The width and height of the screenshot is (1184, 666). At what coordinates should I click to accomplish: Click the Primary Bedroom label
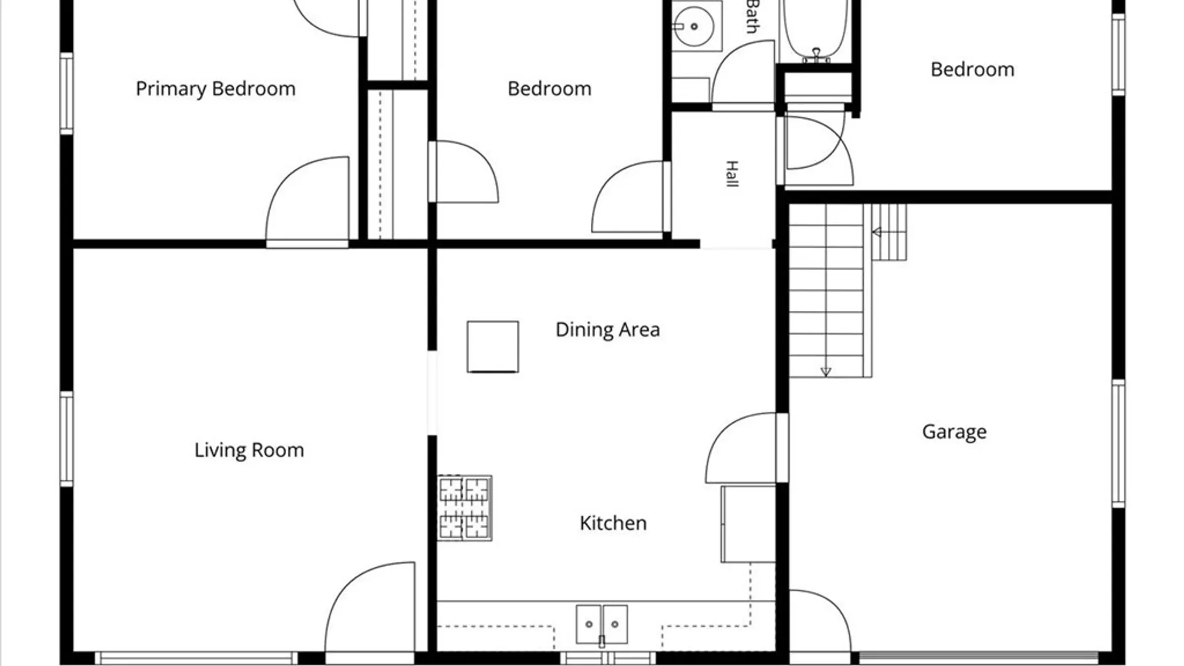215,89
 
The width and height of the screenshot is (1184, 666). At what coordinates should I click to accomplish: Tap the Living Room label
249,450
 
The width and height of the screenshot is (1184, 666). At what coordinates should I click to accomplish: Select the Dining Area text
607,330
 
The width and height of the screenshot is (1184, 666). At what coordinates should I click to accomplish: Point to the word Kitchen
613,523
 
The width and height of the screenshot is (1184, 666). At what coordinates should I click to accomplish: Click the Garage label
954,432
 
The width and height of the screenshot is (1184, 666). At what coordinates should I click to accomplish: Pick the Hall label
731,174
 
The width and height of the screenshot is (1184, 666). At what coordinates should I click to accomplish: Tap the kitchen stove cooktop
465,508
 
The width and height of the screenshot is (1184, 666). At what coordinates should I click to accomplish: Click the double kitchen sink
602,625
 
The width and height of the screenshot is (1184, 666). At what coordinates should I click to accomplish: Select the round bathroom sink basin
694,27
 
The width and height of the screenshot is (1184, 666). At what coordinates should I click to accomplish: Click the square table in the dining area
493,347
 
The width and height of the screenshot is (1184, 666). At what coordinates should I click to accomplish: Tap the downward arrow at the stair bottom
826,371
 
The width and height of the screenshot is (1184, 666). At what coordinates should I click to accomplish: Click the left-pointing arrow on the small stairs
878,232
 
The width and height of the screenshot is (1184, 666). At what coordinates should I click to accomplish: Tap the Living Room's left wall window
67,438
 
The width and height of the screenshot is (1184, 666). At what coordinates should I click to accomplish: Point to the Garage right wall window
1118,443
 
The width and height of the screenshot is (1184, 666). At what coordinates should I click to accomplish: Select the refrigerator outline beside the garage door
748,524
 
